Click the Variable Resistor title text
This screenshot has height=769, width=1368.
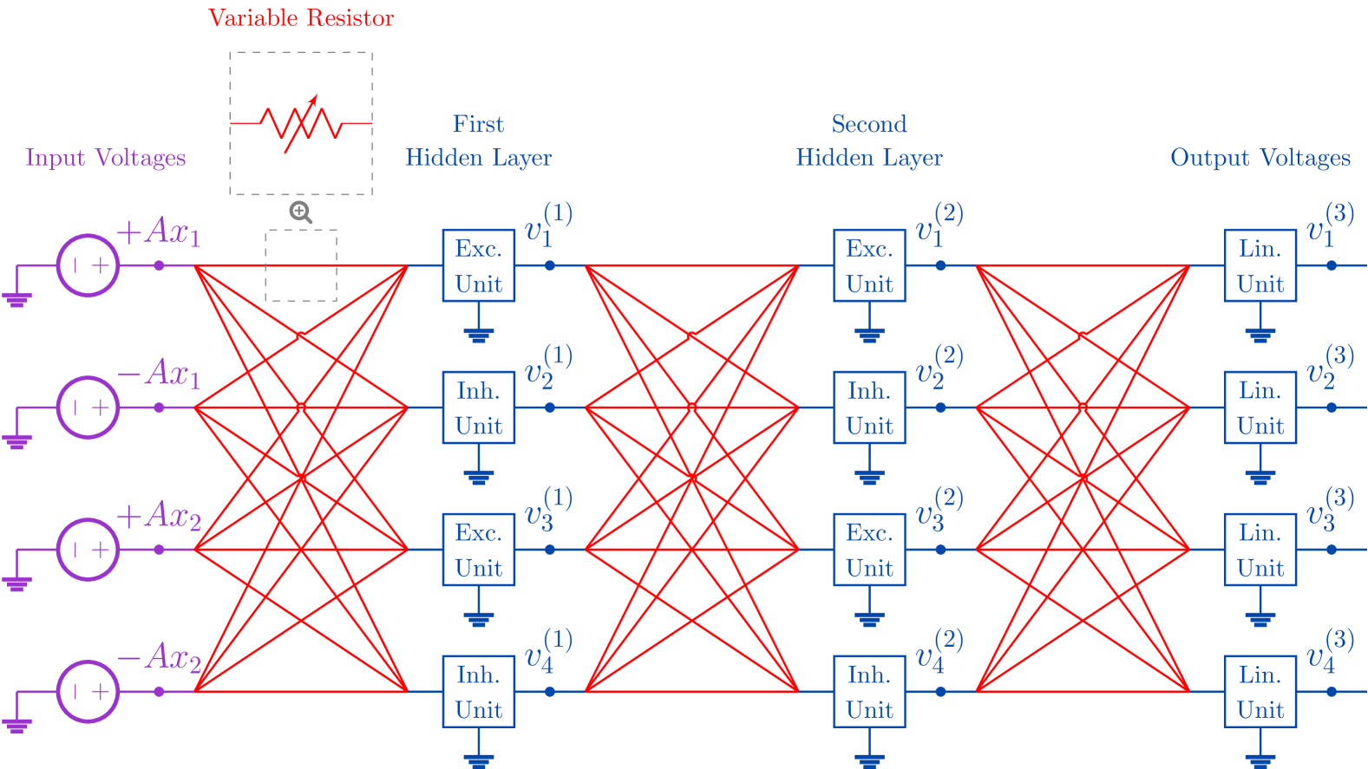pos(301,18)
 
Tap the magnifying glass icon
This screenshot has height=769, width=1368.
pos(300,212)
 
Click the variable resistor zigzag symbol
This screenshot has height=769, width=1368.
pos(301,124)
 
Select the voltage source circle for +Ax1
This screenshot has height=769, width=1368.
pos(88,265)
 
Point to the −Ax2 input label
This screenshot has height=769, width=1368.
pos(160,657)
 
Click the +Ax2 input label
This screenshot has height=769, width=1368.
pos(160,515)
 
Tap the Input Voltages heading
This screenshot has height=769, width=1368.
pos(106,158)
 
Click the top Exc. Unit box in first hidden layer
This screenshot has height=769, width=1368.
pos(479,265)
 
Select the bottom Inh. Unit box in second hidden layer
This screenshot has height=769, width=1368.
pos(869,691)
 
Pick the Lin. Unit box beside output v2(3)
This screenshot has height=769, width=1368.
pos(1260,407)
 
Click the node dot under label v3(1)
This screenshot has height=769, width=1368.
pos(550,550)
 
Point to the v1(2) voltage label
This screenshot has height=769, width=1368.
pos(939,225)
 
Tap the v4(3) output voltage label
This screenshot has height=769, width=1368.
pos(1330,652)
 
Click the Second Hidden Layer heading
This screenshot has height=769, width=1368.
pos(869,141)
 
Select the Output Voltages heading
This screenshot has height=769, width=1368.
pos(1260,158)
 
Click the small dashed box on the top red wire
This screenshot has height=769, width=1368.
pos(301,265)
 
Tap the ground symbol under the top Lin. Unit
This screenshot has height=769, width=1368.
pos(1260,335)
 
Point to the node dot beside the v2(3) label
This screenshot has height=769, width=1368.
pos(1332,407)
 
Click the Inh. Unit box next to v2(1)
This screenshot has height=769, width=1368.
pos(479,407)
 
